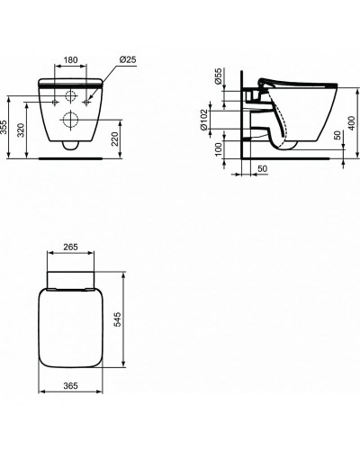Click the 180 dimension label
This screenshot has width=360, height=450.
pyautogui.click(x=70, y=59)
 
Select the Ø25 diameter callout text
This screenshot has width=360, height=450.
pyautogui.click(x=128, y=59)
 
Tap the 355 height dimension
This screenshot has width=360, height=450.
pyautogui.click(x=4, y=127)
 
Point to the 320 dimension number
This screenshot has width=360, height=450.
pyautogui.click(x=21, y=130)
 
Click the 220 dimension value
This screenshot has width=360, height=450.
pyautogui.click(x=115, y=139)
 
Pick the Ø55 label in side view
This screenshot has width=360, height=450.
pyautogui.click(x=219, y=76)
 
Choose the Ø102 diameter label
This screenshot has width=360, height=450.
pyautogui.click(x=204, y=120)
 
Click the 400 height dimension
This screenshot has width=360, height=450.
pyautogui.click(x=352, y=122)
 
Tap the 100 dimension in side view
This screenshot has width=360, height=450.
pyautogui.click(x=219, y=149)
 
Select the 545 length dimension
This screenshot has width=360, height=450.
pyautogui.click(x=118, y=319)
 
